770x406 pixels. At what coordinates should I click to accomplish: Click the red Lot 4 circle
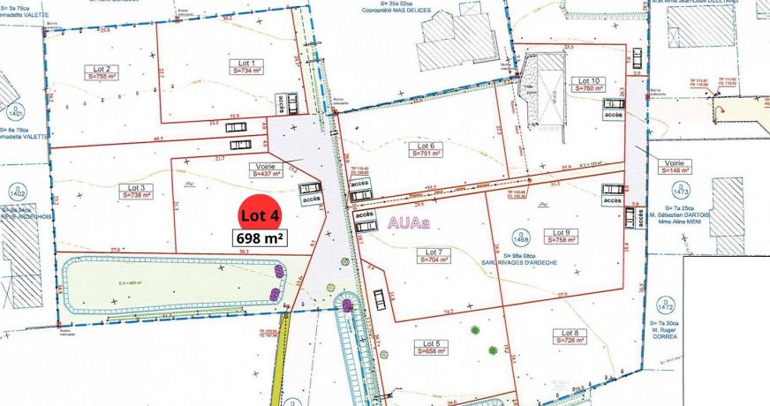pyautogui.click(x=261, y=215)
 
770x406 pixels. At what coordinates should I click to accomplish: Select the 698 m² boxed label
pyautogui.click(x=260, y=237)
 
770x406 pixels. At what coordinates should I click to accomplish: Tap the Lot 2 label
pyautogui.click(x=102, y=69)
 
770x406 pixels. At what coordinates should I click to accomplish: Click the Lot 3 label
pyautogui.click(x=135, y=187)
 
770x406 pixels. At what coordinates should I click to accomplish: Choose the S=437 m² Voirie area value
pyautogui.click(x=266, y=174)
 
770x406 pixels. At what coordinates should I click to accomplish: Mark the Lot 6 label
pyautogui.click(x=426, y=146)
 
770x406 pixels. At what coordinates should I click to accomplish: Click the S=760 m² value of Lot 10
pyautogui.click(x=589, y=88)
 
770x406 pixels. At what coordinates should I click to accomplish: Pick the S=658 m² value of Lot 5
pyautogui.click(x=430, y=350)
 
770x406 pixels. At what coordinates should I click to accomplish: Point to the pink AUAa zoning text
pyautogui.click(x=408, y=223)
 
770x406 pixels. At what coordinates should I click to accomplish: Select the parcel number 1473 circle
pyautogui.click(x=679, y=190)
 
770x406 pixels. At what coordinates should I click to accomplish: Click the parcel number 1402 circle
pyautogui.click(x=15, y=191)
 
